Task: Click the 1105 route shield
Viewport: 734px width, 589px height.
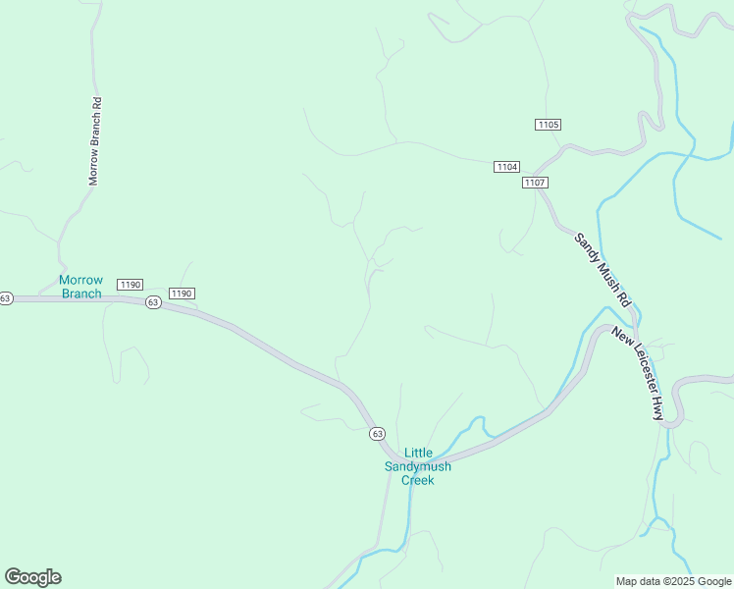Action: click(x=548, y=125)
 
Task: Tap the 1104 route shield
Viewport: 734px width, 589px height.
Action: click(x=506, y=167)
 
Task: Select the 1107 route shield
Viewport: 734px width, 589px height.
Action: click(x=535, y=183)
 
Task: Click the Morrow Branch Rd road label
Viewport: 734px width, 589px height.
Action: click(x=96, y=141)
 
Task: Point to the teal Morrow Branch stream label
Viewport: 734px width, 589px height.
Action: click(x=80, y=287)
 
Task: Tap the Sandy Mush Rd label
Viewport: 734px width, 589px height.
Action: click(x=602, y=266)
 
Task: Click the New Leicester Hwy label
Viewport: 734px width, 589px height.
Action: click(x=640, y=374)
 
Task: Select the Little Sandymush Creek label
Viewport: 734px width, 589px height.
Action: click(x=418, y=466)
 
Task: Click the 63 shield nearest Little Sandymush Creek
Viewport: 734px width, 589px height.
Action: click(x=378, y=433)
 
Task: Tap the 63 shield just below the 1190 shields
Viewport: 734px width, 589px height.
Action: click(x=153, y=302)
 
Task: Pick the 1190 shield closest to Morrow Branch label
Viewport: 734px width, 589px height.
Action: click(x=130, y=285)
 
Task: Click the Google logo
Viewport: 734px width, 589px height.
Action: click(x=32, y=577)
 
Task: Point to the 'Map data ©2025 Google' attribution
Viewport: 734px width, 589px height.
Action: click(x=673, y=581)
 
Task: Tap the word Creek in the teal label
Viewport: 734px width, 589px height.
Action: click(x=418, y=480)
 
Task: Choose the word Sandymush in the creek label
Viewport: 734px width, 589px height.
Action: click(x=418, y=466)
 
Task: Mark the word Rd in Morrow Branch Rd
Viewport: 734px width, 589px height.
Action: click(x=96, y=103)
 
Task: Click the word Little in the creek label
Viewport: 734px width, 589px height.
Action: click(x=418, y=453)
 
